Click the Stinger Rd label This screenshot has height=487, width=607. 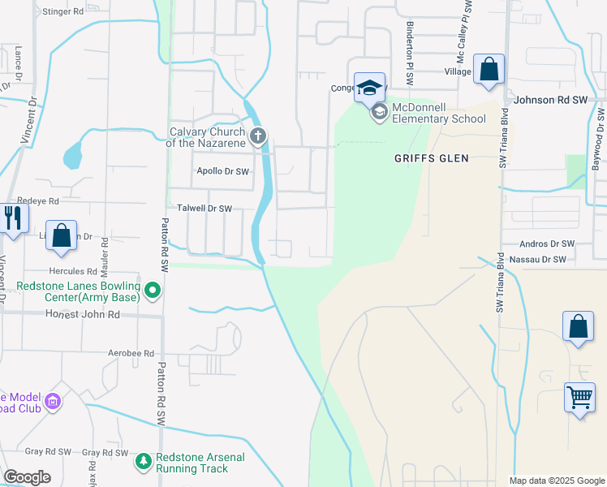click(x=62, y=12)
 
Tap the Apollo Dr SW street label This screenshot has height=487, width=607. click(x=223, y=171)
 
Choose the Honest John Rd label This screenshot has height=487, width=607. click(x=82, y=314)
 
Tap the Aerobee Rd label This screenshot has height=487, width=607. click(x=131, y=353)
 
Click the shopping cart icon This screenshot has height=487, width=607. click(x=579, y=399)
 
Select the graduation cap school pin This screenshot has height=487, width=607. click(x=369, y=88)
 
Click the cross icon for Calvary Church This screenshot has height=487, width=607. click(x=258, y=136)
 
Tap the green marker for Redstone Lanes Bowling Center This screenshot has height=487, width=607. click(x=152, y=290)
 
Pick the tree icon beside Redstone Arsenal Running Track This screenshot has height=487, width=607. click(x=144, y=462)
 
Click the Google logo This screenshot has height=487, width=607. click(x=28, y=477)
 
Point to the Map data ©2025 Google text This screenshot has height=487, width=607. click(x=556, y=481)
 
